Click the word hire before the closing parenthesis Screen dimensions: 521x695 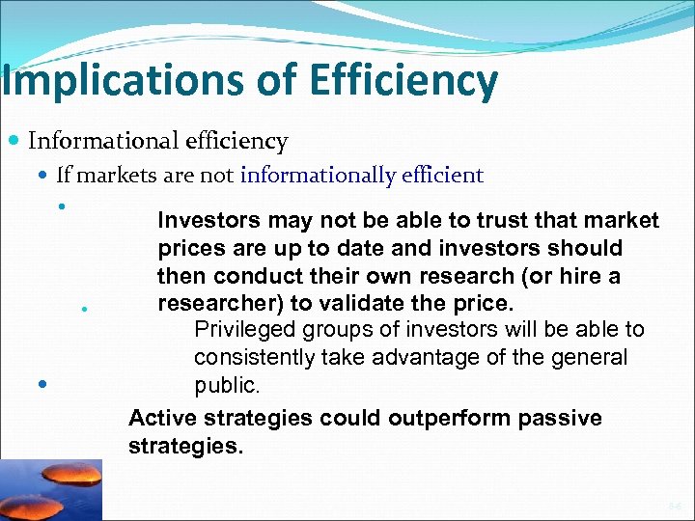coord(574,277)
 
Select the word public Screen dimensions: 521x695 coord(226,386)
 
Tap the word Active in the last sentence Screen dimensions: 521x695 coord(158,418)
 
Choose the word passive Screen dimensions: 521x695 coord(560,418)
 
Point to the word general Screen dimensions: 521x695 coord(592,358)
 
